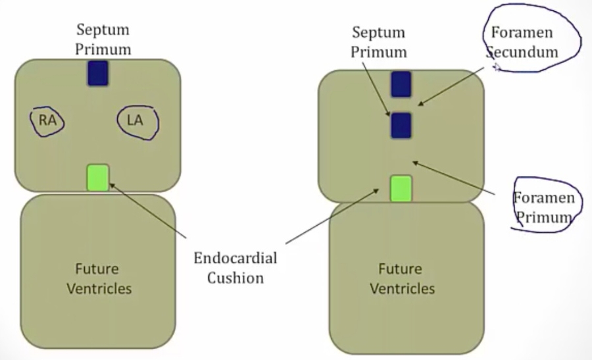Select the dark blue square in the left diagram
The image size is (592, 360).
click(98, 72)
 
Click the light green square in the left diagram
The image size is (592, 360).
click(98, 178)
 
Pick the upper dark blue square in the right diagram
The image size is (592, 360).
click(401, 85)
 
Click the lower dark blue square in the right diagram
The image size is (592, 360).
click(401, 125)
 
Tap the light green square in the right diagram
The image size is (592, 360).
click(401, 188)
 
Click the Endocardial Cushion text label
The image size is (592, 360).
click(235, 267)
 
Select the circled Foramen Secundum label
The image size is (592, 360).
click(521, 41)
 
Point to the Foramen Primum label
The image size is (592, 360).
click(543, 207)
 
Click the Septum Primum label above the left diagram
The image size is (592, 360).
click(103, 39)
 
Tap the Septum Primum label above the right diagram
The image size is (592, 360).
click(379, 41)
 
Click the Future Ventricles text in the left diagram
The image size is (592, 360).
click(98, 278)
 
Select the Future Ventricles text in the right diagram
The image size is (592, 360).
click(402, 278)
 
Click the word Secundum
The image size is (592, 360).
click(522, 51)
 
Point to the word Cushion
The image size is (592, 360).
click(235, 277)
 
